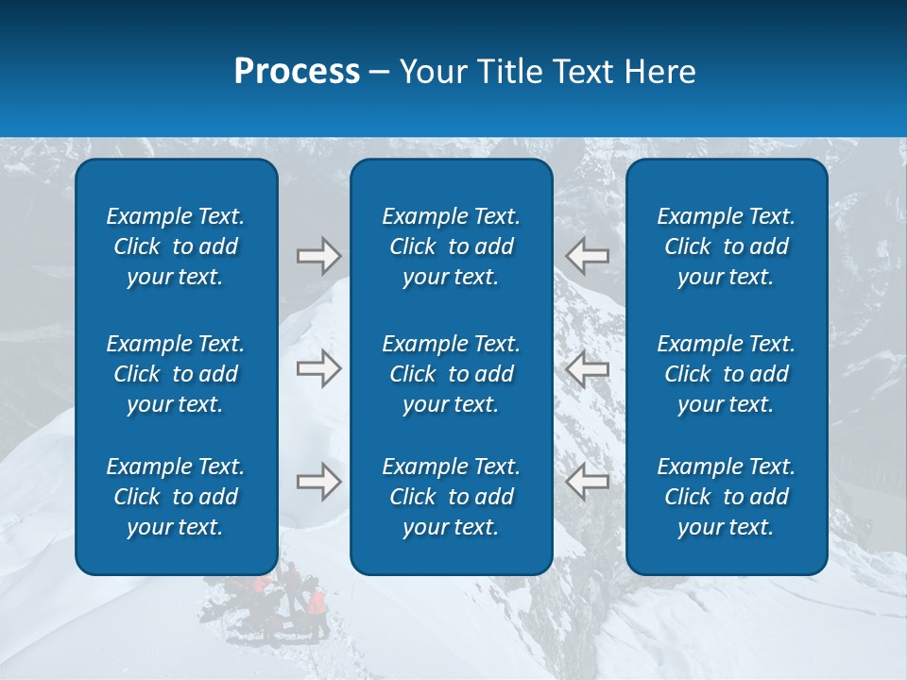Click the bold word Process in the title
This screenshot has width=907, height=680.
[297, 72]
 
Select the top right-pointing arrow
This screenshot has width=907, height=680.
[318, 255]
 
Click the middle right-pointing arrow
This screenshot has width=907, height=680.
[318, 368]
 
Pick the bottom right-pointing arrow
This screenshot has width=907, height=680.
[318, 482]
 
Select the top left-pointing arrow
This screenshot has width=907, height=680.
[588, 255]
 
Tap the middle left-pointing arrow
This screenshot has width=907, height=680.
[588, 368]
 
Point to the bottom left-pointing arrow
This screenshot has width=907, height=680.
[588, 482]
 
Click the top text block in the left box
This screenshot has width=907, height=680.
[176, 246]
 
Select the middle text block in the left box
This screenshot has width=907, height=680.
[176, 374]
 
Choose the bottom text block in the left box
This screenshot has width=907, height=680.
[176, 497]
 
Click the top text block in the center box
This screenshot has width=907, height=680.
[452, 246]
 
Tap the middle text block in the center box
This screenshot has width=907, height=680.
[452, 374]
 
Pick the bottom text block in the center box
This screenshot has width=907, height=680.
[452, 497]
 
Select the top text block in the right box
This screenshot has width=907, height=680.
[727, 246]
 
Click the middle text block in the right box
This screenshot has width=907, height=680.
[727, 374]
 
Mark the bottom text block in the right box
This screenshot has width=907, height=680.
[727, 497]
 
